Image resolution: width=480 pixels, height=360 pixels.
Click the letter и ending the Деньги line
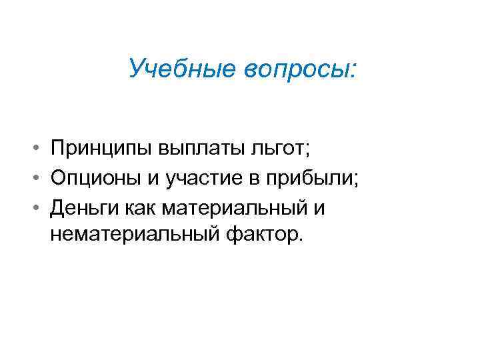319,209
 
